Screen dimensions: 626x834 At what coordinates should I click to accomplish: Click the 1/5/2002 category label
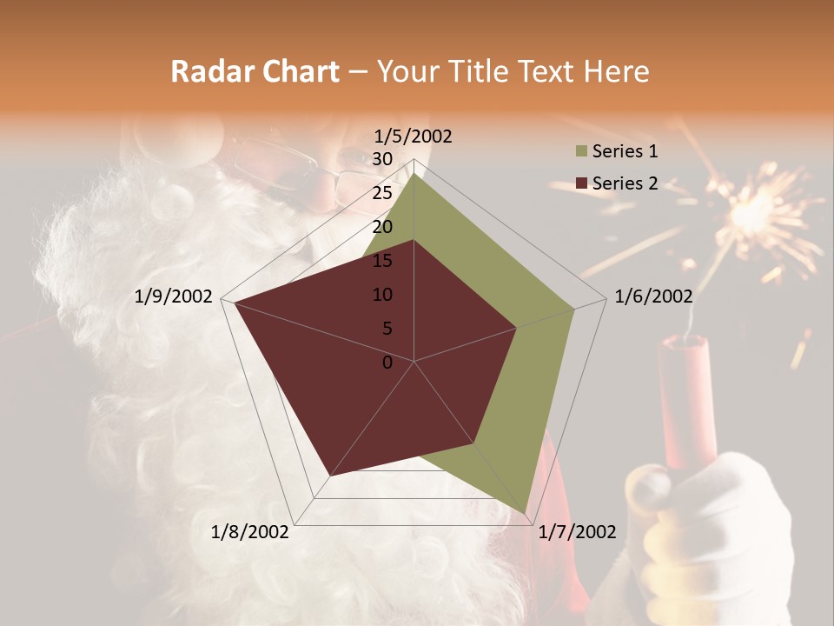click(x=414, y=137)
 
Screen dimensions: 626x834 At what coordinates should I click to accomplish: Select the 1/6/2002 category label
click(x=653, y=296)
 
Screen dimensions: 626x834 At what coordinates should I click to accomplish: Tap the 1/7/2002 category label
click(x=577, y=532)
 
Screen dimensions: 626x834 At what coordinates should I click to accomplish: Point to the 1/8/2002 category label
click(x=250, y=532)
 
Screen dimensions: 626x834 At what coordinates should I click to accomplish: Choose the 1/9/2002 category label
click(x=174, y=296)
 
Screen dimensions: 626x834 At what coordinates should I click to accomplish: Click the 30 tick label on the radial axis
click(x=382, y=159)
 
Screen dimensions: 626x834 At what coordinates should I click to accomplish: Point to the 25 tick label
click(x=382, y=193)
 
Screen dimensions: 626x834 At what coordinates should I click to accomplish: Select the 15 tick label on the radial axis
click(x=382, y=261)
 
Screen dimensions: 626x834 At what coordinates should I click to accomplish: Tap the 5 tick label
click(x=387, y=329)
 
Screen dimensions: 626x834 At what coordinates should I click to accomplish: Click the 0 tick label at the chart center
click(x=387, y=363)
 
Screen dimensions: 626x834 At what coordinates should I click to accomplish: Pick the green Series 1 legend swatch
click(x=582, y=152)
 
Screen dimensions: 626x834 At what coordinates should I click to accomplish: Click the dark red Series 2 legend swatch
click(x=582, y=183)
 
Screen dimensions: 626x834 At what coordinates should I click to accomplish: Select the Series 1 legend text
click(x=625, y=152)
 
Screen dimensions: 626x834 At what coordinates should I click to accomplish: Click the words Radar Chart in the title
click(x=255, y=71)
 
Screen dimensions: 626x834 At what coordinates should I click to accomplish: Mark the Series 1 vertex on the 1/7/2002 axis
click(x=525, y=514)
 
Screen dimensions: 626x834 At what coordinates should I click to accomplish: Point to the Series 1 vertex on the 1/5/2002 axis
click(x=414, y=173)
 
